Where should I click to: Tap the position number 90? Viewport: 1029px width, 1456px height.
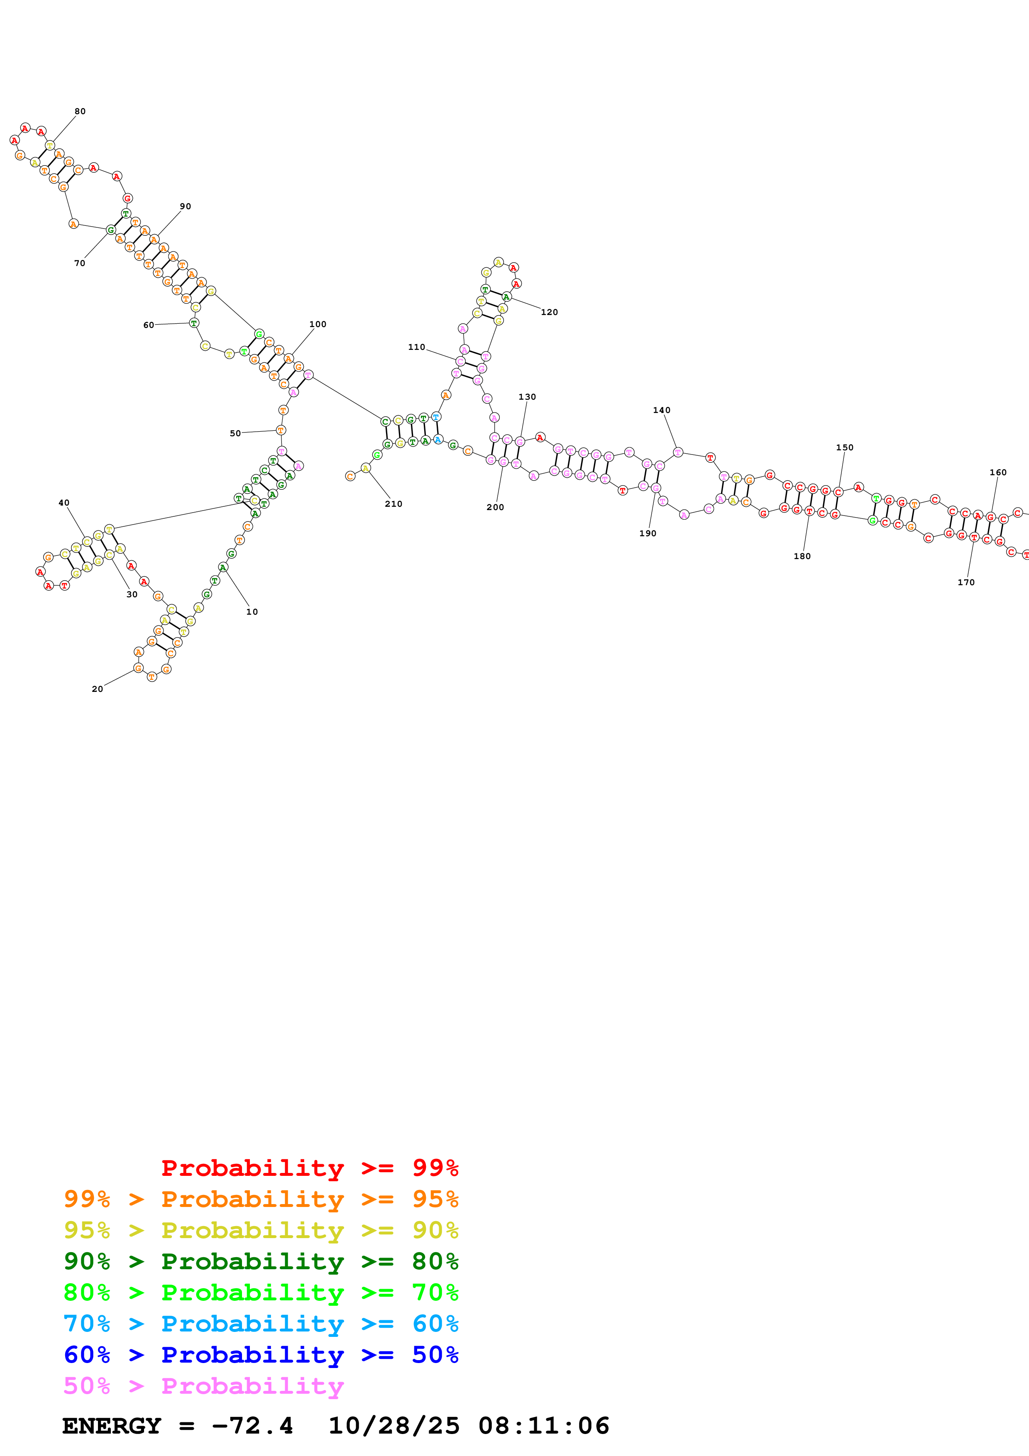(185, 207)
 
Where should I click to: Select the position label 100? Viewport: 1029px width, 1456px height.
(318, 325)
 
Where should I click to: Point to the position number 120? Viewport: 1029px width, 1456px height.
(549, 313)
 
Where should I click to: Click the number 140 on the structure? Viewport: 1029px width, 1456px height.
(661, 411)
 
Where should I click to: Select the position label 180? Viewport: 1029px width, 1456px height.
(802, 557)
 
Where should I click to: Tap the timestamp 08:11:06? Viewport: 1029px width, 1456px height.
(543, 1426)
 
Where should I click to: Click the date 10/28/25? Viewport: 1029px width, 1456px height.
(393, 1426)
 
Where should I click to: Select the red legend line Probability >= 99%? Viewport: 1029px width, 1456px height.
(309, 1168)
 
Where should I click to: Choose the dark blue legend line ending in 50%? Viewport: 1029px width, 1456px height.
(261, 1355)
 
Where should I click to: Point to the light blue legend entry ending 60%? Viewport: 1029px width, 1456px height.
(261, 1324)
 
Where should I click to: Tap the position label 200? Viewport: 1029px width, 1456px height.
(495, 507)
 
